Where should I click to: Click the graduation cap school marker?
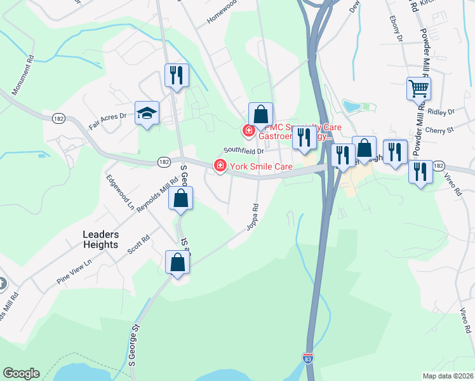coord(147,114)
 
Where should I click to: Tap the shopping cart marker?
coord(418,88)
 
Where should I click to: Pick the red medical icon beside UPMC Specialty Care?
coord(248,131)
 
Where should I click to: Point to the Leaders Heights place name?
coord(100,239)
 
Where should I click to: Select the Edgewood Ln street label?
coord(121,193)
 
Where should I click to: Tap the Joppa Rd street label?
coord(252,217)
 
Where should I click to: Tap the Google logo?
coord(21,373)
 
